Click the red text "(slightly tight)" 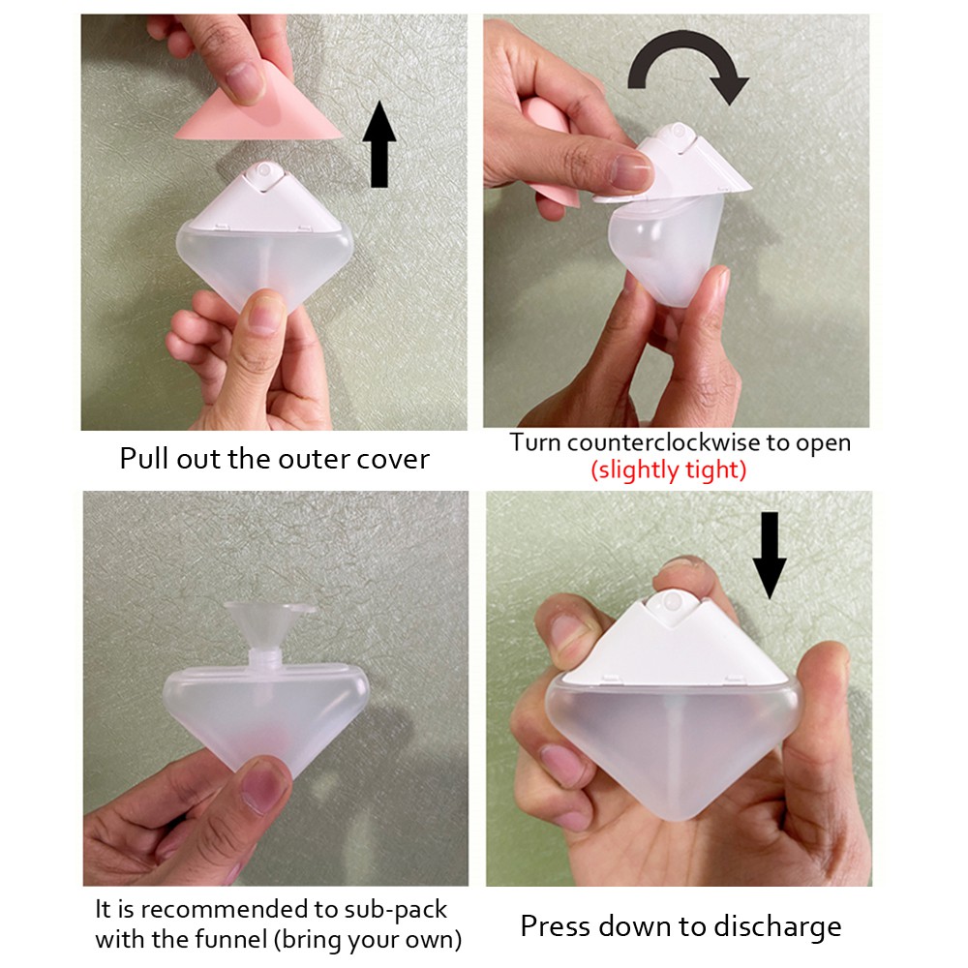coord(669,471)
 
